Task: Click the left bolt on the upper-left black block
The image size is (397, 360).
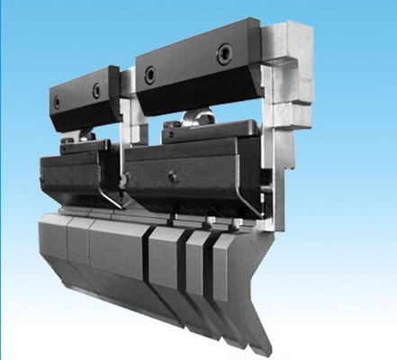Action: point(59,102)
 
